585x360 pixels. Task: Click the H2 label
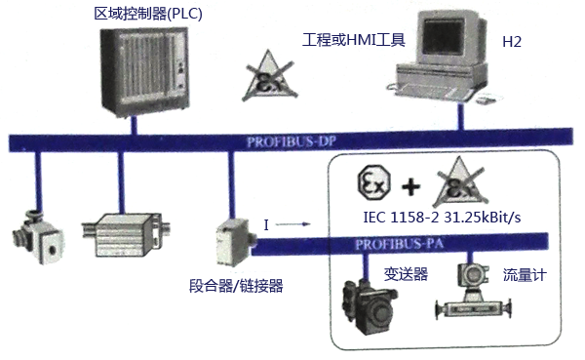(511, 42)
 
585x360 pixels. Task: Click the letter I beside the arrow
(266, 225)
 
